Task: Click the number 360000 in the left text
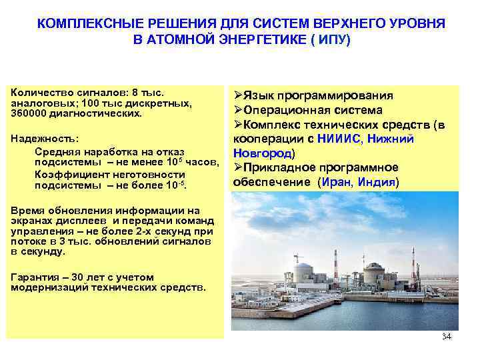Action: point(28,113)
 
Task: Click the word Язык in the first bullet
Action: point(256,95)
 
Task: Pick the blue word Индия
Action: point(375,181)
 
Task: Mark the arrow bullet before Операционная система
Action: point(237,110)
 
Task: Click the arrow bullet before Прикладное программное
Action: point(237,167)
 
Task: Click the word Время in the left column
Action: point(25,210)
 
